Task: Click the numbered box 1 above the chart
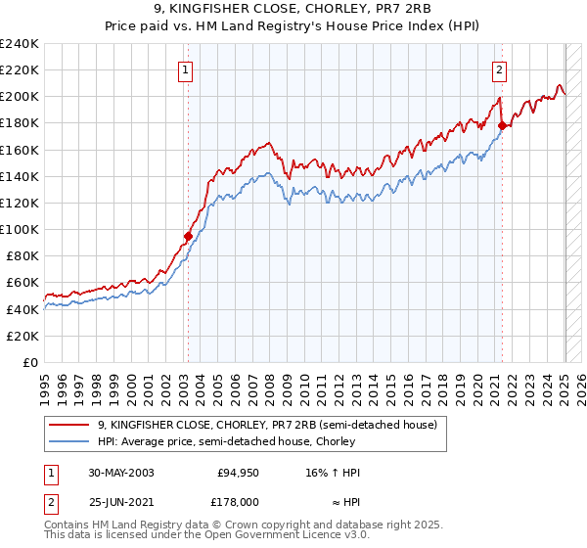tap(185, 68)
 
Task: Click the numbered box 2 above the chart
tap(499, 68)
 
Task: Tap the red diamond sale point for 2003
tap(188, 236)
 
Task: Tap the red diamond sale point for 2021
tap(502, 125)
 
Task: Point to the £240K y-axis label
tap(20, 44)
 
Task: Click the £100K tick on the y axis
tap(20, 229)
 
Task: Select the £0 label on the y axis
tap(29, 362)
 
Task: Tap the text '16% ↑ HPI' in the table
tap(334, 473)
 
